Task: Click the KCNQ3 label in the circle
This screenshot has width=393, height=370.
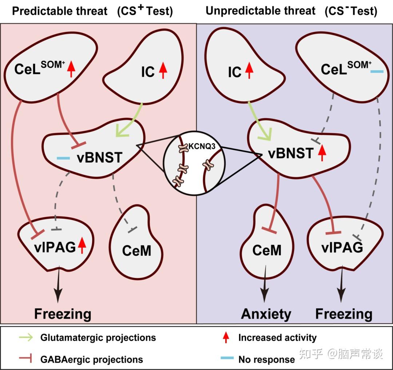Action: [x=202, y=146]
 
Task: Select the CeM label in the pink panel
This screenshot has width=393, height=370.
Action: [x=136, y=251]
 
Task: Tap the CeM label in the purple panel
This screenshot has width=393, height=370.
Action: [x=267, y=250]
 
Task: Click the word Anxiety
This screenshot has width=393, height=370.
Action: [x=266, y=314]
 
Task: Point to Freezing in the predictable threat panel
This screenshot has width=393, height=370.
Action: [x=63, y=314]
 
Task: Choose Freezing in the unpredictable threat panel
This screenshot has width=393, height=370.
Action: [x=344, y=314]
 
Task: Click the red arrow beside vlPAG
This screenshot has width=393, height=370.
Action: [x=82, y=246]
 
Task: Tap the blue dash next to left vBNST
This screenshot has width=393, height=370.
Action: [x=63, y=158]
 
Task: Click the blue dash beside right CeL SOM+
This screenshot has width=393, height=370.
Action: [x=377, y=72]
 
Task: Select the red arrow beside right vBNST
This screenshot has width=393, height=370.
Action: [x=322, y=153]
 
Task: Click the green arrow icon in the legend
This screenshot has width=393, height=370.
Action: [x=26, y=337]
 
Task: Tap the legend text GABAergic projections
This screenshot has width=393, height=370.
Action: [x=92, y=359]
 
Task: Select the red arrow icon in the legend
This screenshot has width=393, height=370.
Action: [x=226, y=337]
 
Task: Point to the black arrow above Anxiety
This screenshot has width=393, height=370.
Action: [x=265, y=284]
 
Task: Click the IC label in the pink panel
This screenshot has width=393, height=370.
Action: [x=148, y=72]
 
